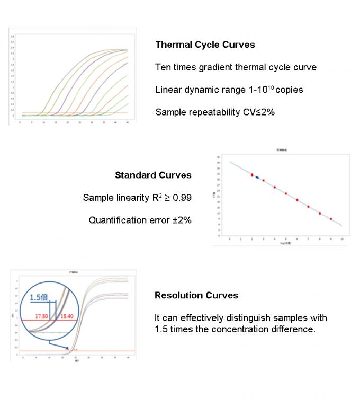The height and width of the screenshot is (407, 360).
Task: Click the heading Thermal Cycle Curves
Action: pos(205,45)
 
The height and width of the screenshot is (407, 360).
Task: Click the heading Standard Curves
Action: pos(153,175)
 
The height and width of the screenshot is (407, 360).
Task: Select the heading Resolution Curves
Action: pos(196,295)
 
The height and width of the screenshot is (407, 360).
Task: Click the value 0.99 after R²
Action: pos(182,198)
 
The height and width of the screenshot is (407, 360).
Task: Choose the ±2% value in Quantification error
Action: pos(181,220)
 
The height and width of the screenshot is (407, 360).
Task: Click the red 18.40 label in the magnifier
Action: pos(67,316)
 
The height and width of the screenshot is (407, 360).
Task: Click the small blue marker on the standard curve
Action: pos(257,178)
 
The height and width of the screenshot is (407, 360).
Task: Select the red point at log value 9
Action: pos(331,218)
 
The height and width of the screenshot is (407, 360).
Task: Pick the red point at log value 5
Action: pos(286,193)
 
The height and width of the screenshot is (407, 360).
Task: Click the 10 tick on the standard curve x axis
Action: pos(342,240)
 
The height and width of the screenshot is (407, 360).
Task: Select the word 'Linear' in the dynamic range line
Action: pos(168,90)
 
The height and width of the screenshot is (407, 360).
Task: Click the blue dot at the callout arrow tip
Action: pos(67,348)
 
